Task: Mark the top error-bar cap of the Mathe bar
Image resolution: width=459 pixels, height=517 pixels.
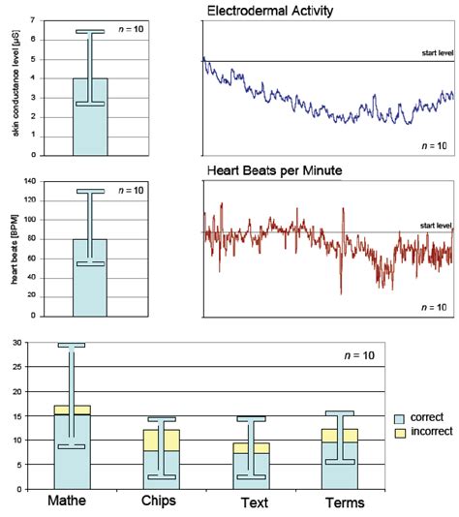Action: point(71,345)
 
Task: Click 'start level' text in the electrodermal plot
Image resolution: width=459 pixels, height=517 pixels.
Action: point(436,53)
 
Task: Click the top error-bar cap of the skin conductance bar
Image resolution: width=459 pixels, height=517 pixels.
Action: point(90,32)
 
